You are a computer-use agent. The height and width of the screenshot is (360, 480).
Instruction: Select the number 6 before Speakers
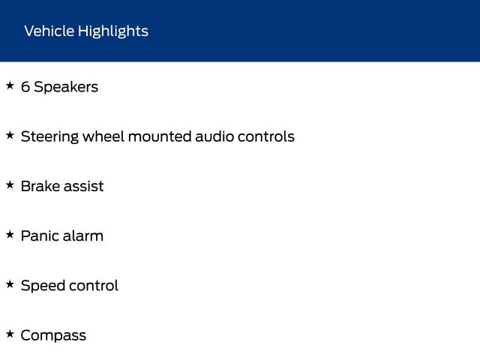25,87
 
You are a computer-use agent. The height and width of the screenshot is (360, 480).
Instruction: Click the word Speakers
66,87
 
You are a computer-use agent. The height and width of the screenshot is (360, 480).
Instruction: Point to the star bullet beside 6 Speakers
10,85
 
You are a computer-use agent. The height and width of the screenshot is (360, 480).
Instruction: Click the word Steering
49,137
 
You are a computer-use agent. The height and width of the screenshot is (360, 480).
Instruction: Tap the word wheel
103,136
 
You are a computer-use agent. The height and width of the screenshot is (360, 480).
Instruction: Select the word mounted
160,136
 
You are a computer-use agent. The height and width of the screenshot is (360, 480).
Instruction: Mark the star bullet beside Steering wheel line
10,135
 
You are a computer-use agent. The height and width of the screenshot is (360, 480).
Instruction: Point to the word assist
83,187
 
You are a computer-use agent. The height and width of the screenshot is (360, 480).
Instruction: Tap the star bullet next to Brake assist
10,185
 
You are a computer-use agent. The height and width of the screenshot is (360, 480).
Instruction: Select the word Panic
40,235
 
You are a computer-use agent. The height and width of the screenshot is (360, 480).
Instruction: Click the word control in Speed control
93,286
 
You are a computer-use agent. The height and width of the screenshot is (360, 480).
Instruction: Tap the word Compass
53,336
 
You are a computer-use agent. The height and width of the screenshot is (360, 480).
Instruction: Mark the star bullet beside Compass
10,334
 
